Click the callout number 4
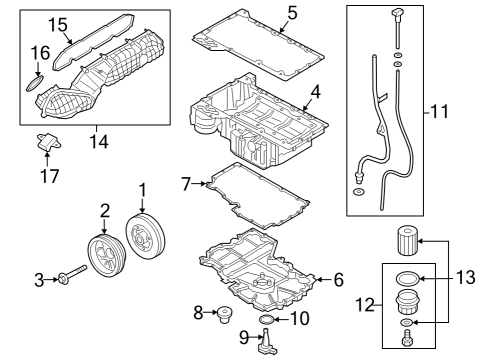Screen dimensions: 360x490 click(315, 92)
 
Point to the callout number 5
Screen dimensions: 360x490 click(292, 13)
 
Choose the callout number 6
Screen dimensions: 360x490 click(337, 280)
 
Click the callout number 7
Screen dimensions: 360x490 click(185, 184)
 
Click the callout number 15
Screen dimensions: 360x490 click(31, 23)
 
